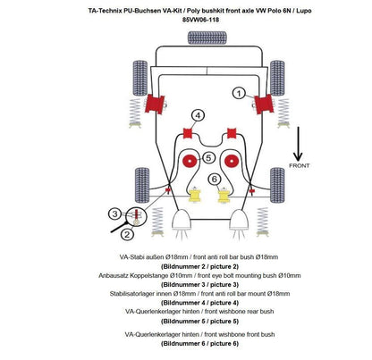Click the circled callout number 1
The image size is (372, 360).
[x=239, y=92]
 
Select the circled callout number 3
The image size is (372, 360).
[x=114, y=213]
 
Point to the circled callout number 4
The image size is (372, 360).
[x=197, y=114]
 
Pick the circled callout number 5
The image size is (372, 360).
[x=207, y=158]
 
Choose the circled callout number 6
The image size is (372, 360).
[x=215, y=180]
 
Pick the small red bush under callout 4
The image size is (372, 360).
[x=189, y=134]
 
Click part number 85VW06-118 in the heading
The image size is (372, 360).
[x=185, y=18]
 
